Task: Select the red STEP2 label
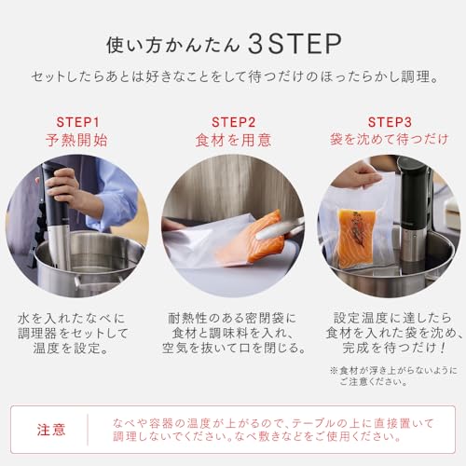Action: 233,122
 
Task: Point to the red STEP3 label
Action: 389,122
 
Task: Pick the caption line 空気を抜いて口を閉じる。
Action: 233,347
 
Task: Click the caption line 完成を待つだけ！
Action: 389,347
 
